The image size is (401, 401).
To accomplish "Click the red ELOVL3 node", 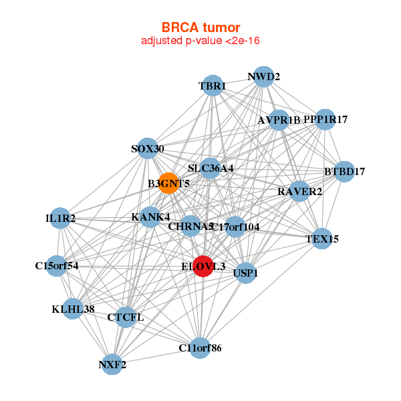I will click(203, 265).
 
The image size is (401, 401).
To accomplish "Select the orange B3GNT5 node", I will click(169, 183).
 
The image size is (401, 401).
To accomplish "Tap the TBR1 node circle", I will click(213, 86).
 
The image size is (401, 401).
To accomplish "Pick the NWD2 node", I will click(263, 76).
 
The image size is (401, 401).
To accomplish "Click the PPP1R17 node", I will click(325, 119).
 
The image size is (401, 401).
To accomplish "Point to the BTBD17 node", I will click(344, 171).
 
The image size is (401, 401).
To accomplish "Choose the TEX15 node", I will click(322, 239).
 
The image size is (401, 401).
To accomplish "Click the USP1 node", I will click(246, 273).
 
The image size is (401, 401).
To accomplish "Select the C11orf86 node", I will click(200, 348).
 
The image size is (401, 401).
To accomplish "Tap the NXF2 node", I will click(112, 364).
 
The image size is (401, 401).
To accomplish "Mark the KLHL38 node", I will click(74, 309).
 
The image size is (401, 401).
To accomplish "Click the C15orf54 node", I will click(57, 265).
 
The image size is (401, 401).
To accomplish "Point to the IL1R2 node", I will click(60, 218).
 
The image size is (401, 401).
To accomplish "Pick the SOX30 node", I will click(147, 148).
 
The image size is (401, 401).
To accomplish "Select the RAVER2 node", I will click(299, 191).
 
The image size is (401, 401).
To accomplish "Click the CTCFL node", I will click(126, 317).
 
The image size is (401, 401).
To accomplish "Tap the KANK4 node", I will click(150, 217).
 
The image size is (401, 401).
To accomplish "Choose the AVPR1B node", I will click(279, 120).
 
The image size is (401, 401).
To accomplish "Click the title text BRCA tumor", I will click(200, 27).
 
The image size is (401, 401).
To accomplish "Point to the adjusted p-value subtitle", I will click(200, 41).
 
